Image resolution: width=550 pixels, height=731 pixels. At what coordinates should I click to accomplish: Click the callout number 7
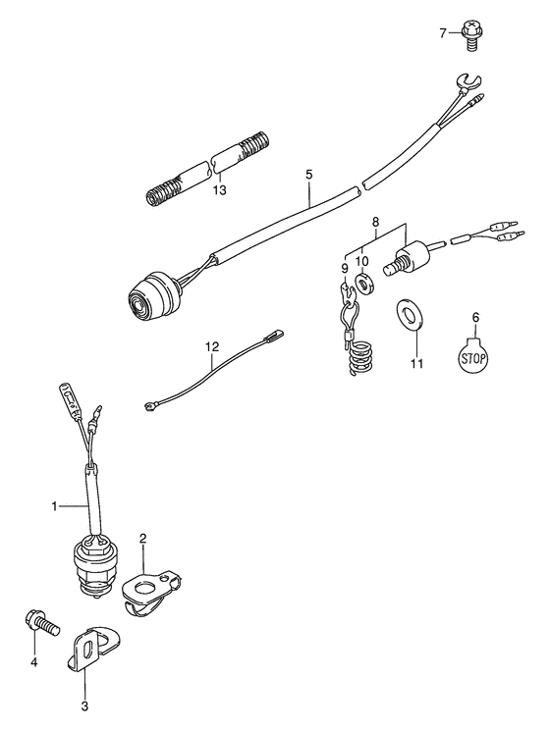coord(443,33)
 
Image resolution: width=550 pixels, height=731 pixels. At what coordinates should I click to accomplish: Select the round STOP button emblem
coord(474,357)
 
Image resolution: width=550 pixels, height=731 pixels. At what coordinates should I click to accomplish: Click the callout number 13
coord(219,189)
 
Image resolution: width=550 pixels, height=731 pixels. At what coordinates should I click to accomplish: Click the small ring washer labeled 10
coord(363,285)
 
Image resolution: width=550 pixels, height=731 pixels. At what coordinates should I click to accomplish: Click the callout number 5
coord(308,175)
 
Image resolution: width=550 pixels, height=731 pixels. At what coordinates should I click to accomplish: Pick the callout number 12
coord(211,346)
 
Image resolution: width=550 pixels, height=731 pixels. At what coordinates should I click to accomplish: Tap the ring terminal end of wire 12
coord(149,408)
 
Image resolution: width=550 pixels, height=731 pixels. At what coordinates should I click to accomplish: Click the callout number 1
coord(55,506)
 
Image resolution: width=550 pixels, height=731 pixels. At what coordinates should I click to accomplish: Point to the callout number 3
coord(84,705)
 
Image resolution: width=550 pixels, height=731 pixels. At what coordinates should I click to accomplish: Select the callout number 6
coord(475,318)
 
